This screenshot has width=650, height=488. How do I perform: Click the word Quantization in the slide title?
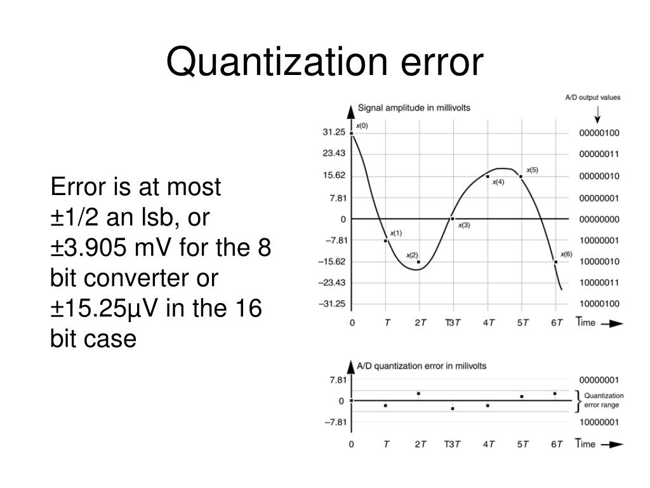tap(260, 63)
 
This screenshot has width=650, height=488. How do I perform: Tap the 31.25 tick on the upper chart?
tap(334, 133)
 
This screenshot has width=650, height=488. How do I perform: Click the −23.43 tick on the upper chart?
tap(332, 282)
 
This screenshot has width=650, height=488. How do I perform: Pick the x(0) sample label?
tap(362, 126)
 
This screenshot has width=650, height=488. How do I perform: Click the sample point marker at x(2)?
tap(418, 262)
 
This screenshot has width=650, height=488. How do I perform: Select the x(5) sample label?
tap(532, 170)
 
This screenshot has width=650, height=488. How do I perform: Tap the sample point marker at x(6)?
tap(555, 262)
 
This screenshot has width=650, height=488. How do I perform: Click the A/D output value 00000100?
tap(599, 133)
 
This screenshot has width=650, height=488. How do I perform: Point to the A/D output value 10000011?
tap(599, 282)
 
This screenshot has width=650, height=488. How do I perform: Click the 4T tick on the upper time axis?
tap(488, 323)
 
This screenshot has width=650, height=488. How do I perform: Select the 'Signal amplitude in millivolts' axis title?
tap(414, 108)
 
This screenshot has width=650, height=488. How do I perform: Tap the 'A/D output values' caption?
tap(593, 98)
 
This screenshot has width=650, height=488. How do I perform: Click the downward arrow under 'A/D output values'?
tap(598, 114)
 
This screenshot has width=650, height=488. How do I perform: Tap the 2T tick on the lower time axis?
tap(420, 444)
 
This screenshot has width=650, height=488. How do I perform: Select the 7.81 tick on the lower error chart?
tap(337, 380)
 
